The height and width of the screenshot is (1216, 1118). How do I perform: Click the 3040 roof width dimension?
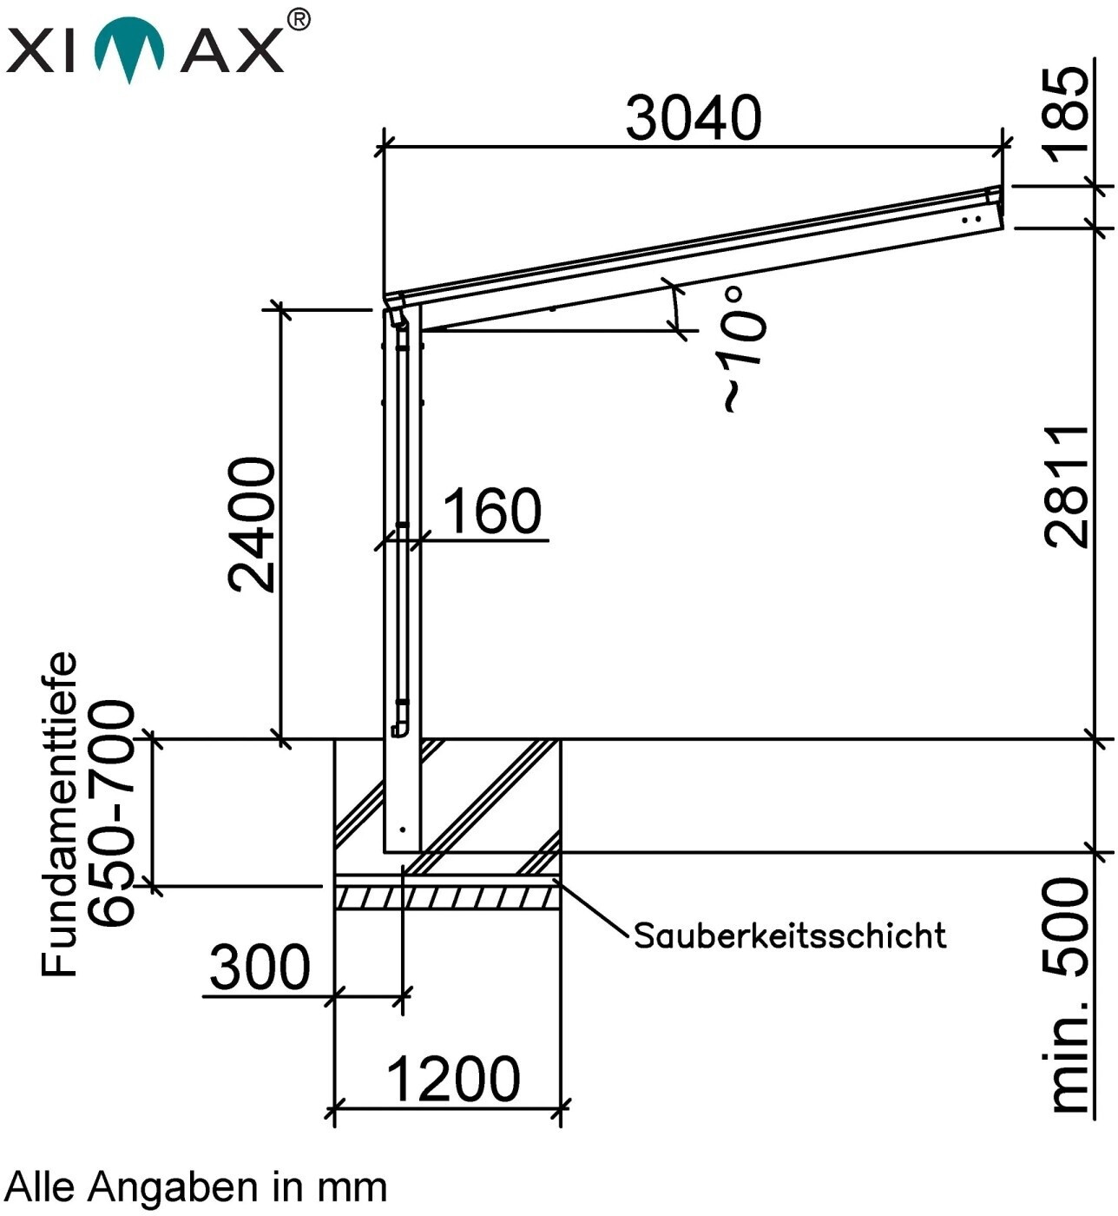tap(694, 117)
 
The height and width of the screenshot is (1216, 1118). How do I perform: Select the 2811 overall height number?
tap(1067, 486)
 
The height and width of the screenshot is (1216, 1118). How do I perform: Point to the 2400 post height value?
tap(251, 525)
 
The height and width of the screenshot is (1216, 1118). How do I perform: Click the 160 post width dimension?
tap(492, 511)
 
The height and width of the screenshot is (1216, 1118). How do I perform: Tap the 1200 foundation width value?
tap(452, 1079)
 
